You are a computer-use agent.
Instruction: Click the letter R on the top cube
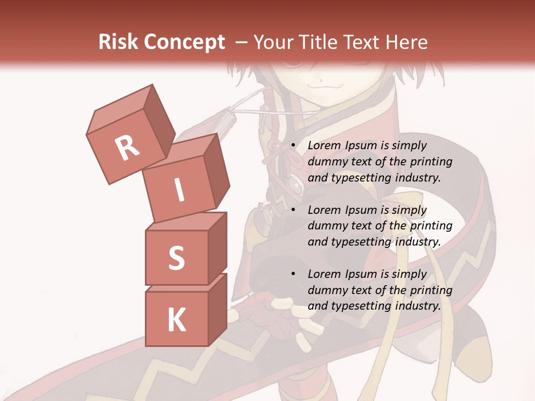pos(128,148)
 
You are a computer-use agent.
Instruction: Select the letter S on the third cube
pos(176,258)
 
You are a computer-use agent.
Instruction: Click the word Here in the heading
pos(406,42)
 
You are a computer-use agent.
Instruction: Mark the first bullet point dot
pos(293,146)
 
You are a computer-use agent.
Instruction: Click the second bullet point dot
pos(293,211)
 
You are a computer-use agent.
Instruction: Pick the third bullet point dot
pos(293,275)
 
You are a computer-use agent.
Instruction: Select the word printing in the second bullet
pos(431,226)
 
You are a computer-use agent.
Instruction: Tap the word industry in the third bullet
pos(417,306)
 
